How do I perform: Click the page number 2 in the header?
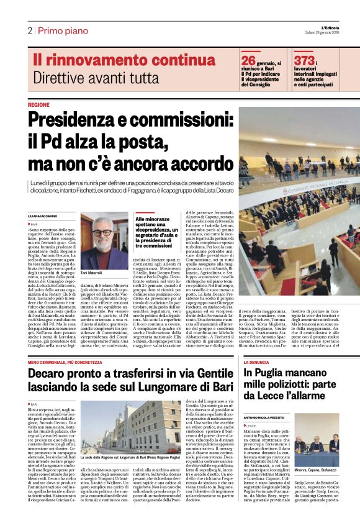coord(29,30)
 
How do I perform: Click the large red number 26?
coord(248,60)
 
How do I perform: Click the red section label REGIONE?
coord(38,105)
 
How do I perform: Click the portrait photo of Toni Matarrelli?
coord(104,239)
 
